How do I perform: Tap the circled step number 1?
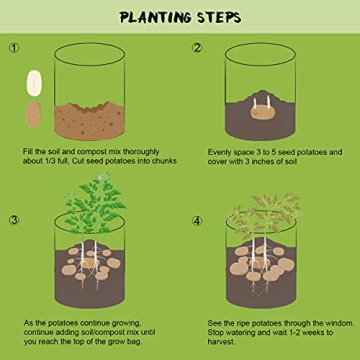(x=13, y=48)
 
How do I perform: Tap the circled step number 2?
(x=197, y=48)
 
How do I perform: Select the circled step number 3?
(x=13, y=221)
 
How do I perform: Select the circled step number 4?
(x=197, y=221)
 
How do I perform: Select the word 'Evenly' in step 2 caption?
(x=221, y=151)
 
